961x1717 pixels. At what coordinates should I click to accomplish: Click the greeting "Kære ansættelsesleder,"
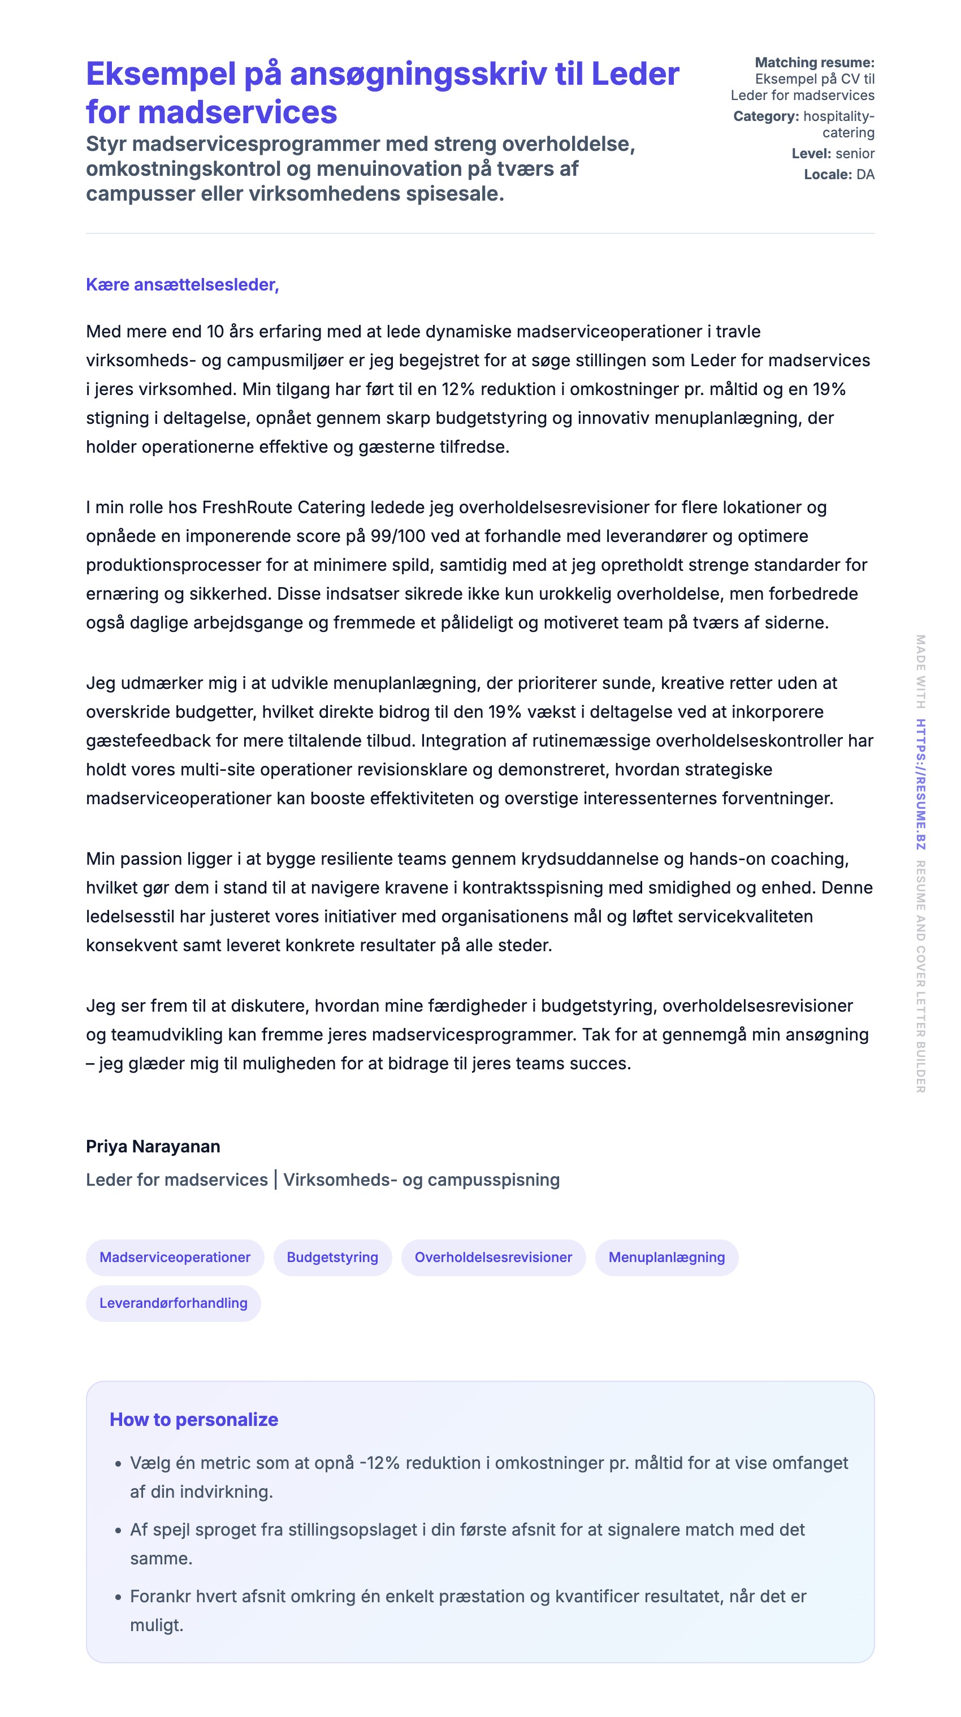pos(182,285)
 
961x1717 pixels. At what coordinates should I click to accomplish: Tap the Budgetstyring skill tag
pos(332,1257)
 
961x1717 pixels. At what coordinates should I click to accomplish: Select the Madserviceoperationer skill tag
pos(175,1257)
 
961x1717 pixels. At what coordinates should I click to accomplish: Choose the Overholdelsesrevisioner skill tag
pos(493,1257)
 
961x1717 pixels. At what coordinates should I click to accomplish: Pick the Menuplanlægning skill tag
pos(666,1257)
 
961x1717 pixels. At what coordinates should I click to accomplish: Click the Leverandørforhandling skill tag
pos(174,1303)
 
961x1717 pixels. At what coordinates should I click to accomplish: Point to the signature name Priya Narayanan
pos(153,1146)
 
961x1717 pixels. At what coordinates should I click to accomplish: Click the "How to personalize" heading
pos(193,1420)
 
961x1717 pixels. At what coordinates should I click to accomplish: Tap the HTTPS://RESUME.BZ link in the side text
pos(920,784)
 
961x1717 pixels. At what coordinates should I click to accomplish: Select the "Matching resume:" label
pos(814,63)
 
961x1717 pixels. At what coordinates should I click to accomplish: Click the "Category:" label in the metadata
pos(765,116)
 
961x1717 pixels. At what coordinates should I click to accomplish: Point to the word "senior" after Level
pos(855,154)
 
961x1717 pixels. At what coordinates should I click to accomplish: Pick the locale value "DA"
pos(865,175)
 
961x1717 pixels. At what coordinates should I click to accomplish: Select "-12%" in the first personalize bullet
pos(379,1463)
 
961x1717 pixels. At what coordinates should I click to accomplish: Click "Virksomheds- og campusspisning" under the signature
pos(422,1180)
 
